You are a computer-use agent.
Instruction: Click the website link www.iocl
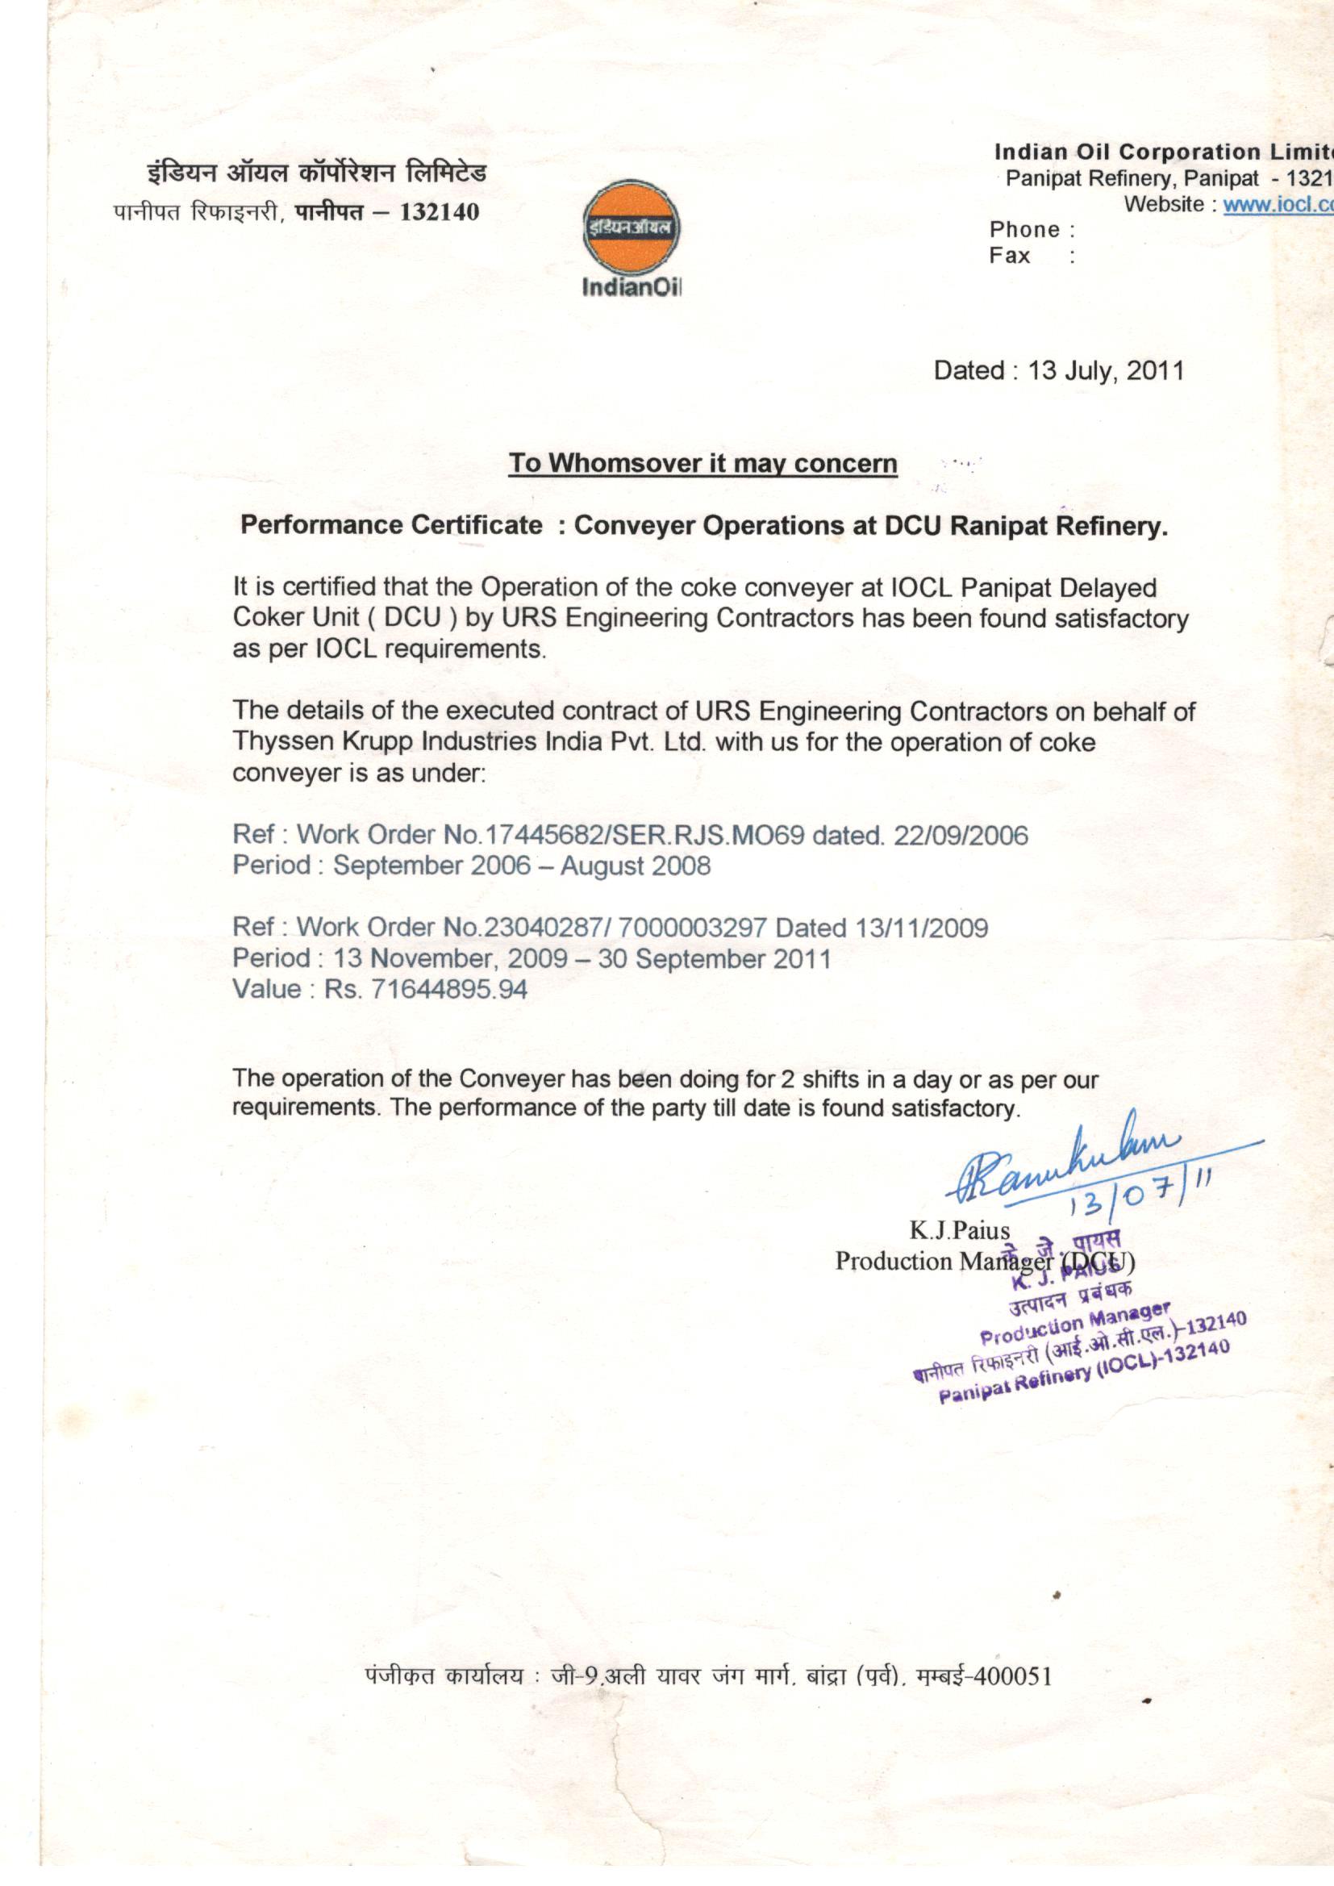tap(1278, 205)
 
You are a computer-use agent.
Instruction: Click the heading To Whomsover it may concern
tap(702, 464)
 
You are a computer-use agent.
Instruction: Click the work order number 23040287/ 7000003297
tap(626, 928)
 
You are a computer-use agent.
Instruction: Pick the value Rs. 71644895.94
tap(426, 989)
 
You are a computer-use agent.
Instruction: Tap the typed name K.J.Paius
tap(959, 1230)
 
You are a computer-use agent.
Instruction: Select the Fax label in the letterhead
tap(1010, 257)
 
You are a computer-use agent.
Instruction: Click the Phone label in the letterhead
tap(1024, 230)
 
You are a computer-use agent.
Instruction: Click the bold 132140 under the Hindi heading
tap(438, 212)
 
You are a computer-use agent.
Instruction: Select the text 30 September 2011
tap(714, 958)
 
